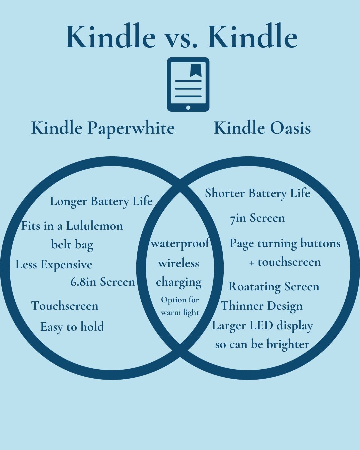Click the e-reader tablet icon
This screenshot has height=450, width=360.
pyautogui.click(x=188, y=84)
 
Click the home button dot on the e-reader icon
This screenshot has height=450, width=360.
pyautogui.click(x=188, y=107)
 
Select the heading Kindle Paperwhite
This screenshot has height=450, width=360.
pyautogui.click(x=103, y=128)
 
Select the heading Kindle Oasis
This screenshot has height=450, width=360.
pyautogui.click(x=262, y=128)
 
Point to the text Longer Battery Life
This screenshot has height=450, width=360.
pyautogui.click(x=101, y=202)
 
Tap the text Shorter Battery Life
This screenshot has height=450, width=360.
pyautogui.click(x=257, y=193)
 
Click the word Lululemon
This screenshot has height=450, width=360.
pyautogui.click(x=94, y=226)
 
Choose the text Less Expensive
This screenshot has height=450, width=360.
pyautogui.click(x=54, y=265)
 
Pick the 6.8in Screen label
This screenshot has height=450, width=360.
pyautogui.click(x=103, y=282)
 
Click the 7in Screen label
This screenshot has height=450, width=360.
pyautogui.click(x=257, y=218)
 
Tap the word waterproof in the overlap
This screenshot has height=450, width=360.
pyautogui.click(x=180, y=244)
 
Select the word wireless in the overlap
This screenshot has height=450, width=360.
pyautogui.click(x=179, y=263)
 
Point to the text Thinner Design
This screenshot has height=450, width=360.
pyautogui.click(x=262, y=306)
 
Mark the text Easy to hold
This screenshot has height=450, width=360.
pyautogui.click(x=72, y=327)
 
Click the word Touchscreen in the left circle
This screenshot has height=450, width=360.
pyautogui.click(x=65, y=306)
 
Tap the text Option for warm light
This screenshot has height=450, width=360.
pyautogui.click(x=180, y=306)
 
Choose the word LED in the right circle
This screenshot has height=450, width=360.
pyautogui.click(x=261, y=326)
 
